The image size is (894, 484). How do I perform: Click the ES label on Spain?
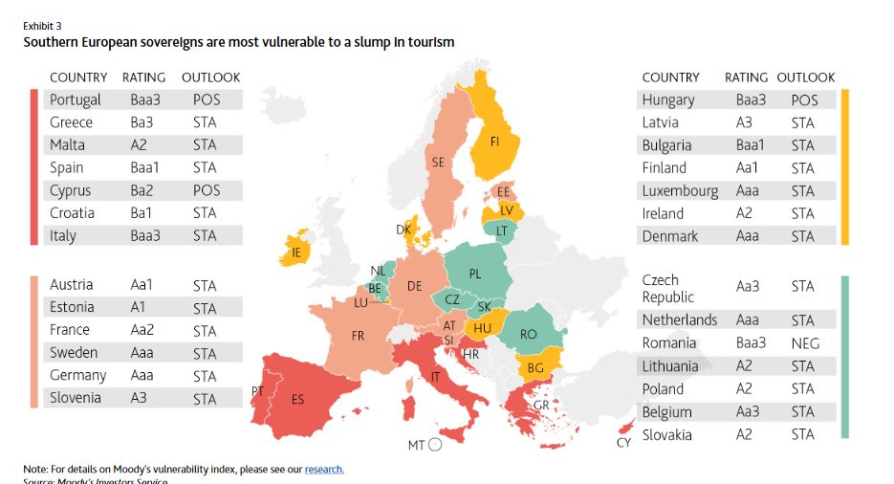297,400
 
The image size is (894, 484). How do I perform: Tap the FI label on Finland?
495,141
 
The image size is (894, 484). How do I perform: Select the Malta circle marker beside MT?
435,445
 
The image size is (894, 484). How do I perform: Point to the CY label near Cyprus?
623,443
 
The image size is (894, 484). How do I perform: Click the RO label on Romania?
528,335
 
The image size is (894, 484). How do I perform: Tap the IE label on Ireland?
296,253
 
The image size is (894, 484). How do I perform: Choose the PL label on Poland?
475,274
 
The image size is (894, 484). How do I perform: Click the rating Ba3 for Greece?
141,122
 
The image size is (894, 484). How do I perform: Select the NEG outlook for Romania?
804,343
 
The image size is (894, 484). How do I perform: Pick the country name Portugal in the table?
76,99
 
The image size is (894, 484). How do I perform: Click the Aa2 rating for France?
142,331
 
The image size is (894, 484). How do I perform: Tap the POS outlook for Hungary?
804,99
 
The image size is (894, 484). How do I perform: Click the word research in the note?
324,469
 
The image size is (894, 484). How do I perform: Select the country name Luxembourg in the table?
680,190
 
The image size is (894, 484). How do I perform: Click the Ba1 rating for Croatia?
142,213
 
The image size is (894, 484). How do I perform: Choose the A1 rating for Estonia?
139,307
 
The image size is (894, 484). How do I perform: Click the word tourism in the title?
428,42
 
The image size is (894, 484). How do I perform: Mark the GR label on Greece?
541,405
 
